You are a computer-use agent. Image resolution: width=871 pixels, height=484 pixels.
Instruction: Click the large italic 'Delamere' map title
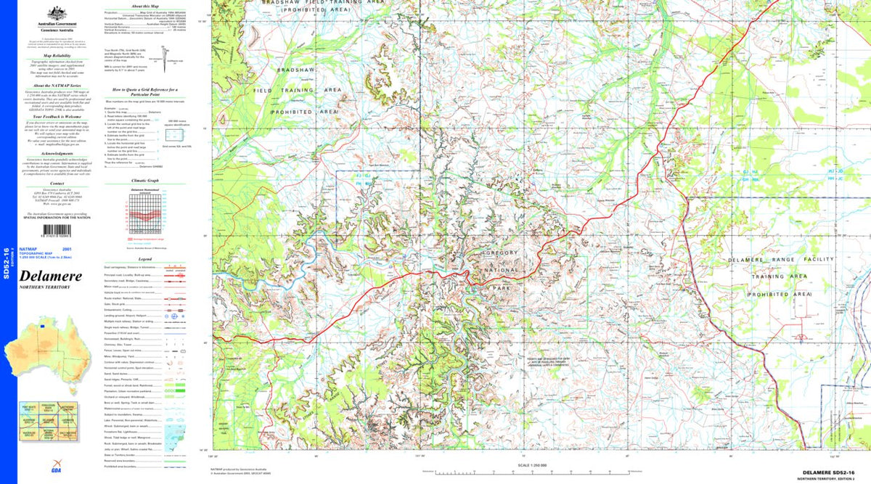click(x=50, y=276)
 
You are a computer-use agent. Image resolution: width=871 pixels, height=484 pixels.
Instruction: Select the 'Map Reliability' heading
click(x=57, y=54)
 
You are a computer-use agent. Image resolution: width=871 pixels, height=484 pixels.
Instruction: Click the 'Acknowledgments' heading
click(x=57, y=154)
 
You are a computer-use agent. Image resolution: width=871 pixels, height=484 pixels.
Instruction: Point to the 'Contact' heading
click(x=57, y=184)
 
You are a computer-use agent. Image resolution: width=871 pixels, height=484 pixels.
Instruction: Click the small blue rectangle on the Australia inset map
click(x=43, y=327)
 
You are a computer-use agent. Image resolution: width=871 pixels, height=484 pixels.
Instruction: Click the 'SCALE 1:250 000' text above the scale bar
click(x=532, y=464)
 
